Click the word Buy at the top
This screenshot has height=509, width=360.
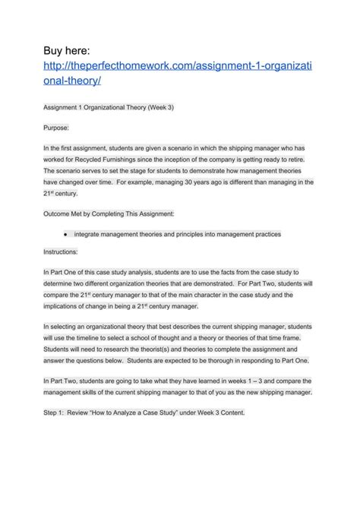pyautogui.click(x=58, y=50)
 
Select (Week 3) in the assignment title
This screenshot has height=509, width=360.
pyautogui.click(x=157, y=108)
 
